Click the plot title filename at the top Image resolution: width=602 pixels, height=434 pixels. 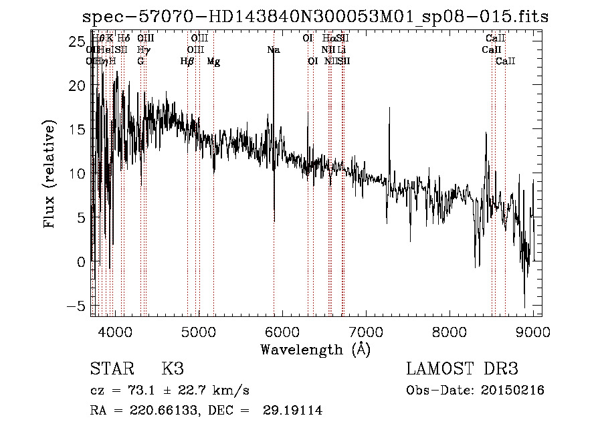point(314,16)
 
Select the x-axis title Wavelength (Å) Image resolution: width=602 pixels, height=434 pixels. point(315,349)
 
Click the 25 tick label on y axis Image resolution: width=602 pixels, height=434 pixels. point(75,41)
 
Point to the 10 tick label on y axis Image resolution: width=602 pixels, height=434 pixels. point(75,174)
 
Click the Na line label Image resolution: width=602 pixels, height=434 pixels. point(273,49)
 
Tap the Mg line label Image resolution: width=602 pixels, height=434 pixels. point(213,62)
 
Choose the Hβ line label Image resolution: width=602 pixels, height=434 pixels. point(187,62)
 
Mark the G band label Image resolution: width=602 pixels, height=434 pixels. point(140,62)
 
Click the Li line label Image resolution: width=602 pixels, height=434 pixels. point(341,49)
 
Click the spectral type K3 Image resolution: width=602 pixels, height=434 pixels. point(173,369)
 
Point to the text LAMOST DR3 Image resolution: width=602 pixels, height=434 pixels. point(462,369)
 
